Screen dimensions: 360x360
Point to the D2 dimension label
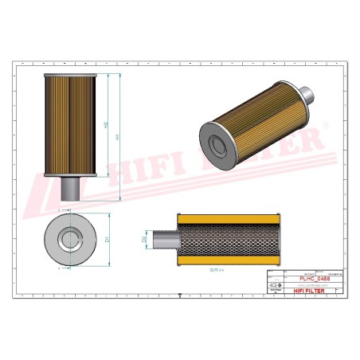[x=144, y=238]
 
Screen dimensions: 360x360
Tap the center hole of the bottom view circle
[x=69, y=237]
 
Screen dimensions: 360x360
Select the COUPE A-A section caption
[x=213, y=271]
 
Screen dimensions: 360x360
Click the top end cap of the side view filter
[x=69, y=72]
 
